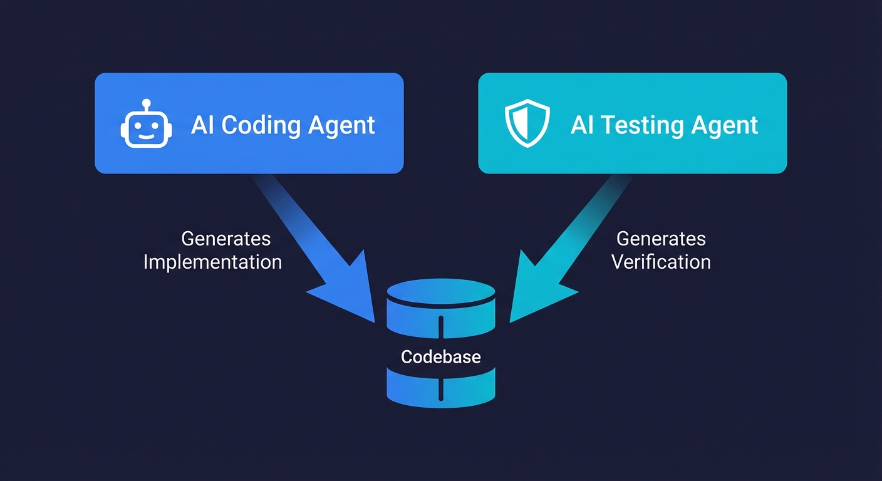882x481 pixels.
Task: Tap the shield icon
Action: pyautogui.click(x=527, y=124)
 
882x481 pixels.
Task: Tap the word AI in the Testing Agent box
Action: pyautogui.click(x=581, y=125)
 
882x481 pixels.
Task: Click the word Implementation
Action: pyautogui.click(x=212, y=262)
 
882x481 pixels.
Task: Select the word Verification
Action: pyautogui.click(x=661, y=262)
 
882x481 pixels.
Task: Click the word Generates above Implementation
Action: pyautogui.click(x=226, y=239)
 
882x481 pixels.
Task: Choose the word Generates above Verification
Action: pyautogui.click(x=661, y=239)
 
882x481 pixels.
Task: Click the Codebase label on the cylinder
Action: pyautogui.click(x=440, y=357)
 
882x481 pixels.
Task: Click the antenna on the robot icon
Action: pyautogui.click(x=146, y=103)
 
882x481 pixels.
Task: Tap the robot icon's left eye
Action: pyautogui.click(x=138, y=124)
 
